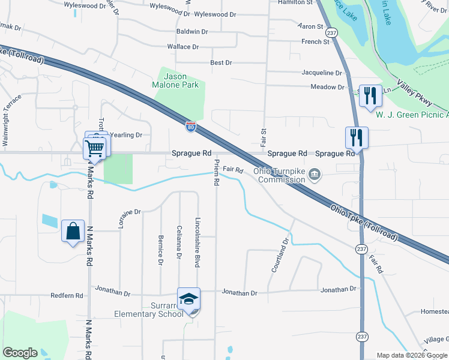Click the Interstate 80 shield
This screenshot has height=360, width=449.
pyautogui.click(x=190, y=125)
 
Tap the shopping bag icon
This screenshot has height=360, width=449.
pyautogui.click(x=73, y=231)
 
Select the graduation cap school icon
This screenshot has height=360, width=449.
pyautogui.click(x=188, y=299)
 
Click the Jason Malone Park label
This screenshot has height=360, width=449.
pyautogui.click(x=176, y=80)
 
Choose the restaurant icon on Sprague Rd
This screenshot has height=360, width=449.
pyautogui.click(x=357, y=137)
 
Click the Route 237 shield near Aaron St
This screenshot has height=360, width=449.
pyautogui.click(x=333, y=33)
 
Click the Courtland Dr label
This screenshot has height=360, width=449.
pyautogui.click(x=281, y=256)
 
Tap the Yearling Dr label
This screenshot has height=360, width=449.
pyautogui.click(x=127, y=135)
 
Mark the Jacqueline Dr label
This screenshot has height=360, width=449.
pyautogui.click(x=322, y=73)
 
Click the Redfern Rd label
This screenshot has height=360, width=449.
pyautogui.click(x=66, y=295)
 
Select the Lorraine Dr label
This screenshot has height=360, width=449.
pyautogui.click(x=128, y=220)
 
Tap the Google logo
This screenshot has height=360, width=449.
pyautogui.click(x=20, y=353)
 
